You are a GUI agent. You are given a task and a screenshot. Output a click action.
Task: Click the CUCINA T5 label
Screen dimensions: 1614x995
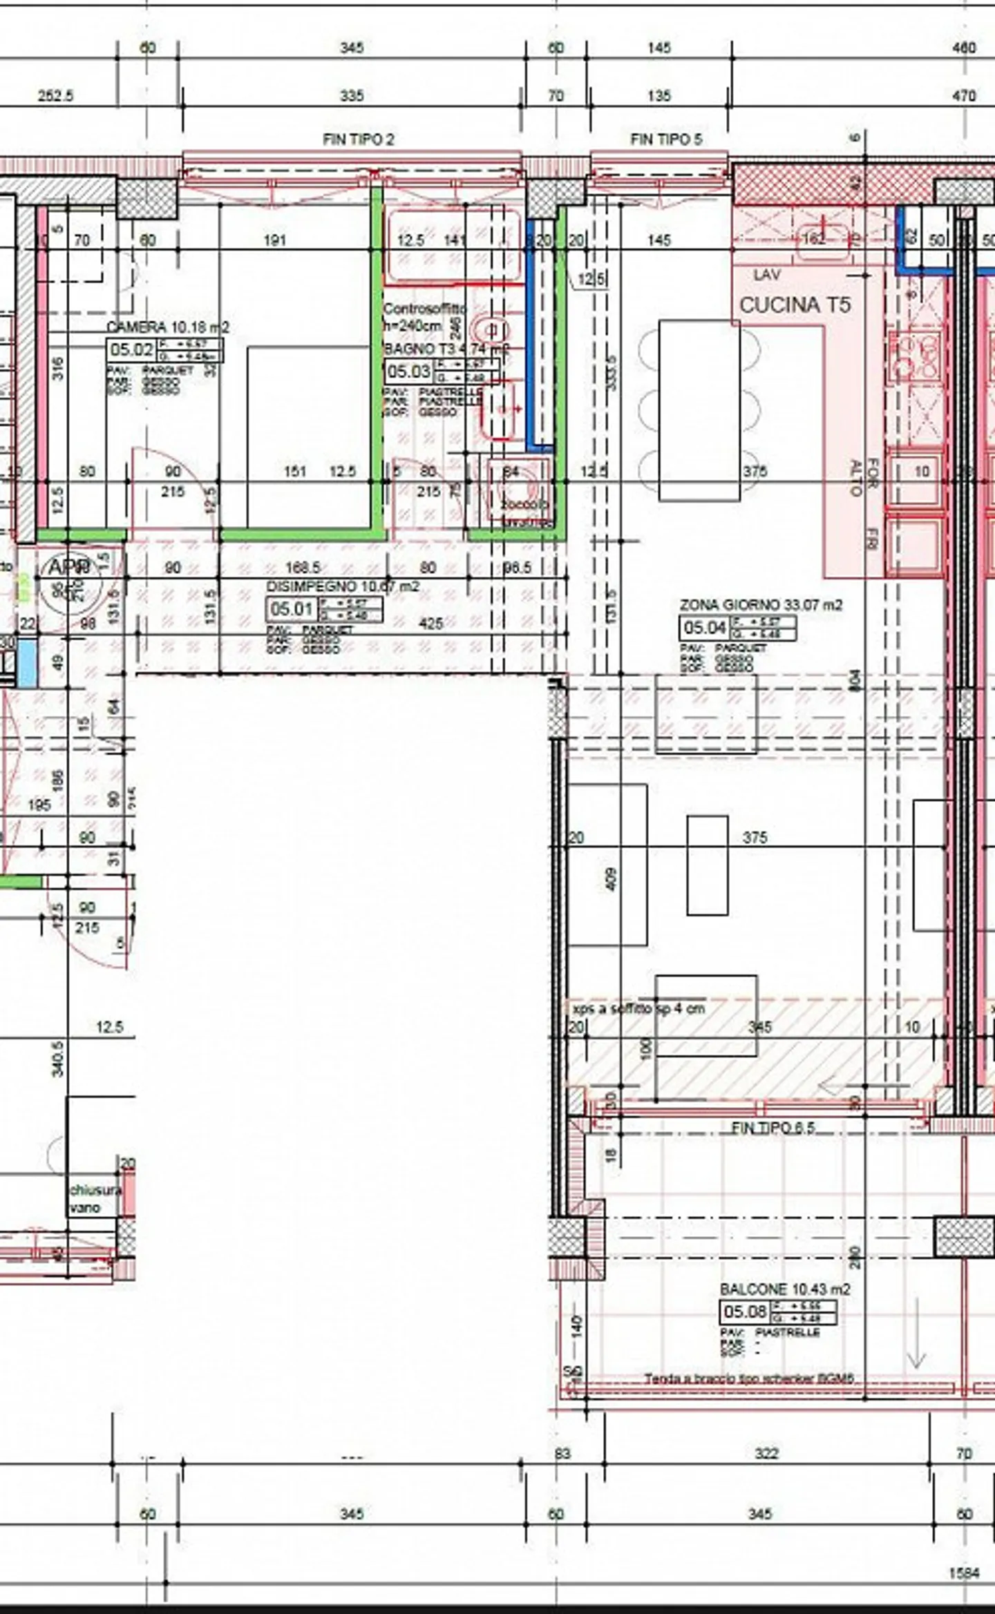coord(795,305)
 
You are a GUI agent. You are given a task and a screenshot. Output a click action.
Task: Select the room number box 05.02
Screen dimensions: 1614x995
coord(131,349)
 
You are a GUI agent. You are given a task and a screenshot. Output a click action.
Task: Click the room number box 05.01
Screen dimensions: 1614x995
coord(291,609)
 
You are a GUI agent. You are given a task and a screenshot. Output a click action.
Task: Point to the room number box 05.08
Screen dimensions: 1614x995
coord(744,1311)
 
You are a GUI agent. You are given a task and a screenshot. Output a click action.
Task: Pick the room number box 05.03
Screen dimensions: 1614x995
coord(408,372)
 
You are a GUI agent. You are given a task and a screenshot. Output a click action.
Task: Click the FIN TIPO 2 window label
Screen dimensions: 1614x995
coord(358,140)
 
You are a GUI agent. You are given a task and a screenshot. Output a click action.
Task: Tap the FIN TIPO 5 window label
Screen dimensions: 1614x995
coord(665,140)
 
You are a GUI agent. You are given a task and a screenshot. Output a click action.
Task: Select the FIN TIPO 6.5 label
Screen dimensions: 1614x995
coord(773,1128)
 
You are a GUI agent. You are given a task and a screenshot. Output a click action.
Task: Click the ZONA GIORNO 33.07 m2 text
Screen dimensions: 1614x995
coord(761,605)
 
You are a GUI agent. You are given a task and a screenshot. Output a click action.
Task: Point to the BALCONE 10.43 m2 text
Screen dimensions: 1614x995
coord(784,1289)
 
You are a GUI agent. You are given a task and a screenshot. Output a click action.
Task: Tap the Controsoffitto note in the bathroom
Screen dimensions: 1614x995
coord(424,308)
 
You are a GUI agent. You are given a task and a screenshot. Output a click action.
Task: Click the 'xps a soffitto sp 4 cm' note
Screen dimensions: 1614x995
coord(638,1009)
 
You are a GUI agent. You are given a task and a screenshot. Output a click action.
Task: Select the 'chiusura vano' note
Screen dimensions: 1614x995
coord(94,1199)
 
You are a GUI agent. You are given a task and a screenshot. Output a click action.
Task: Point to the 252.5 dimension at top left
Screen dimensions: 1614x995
coord(55,95)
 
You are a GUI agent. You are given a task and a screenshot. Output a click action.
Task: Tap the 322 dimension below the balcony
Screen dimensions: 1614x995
coord(766,1454)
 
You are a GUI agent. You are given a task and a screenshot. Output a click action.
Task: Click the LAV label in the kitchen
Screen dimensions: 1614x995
coord(767,275)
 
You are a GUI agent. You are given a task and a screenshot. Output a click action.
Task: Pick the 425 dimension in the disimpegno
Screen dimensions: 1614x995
coord(430,624)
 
